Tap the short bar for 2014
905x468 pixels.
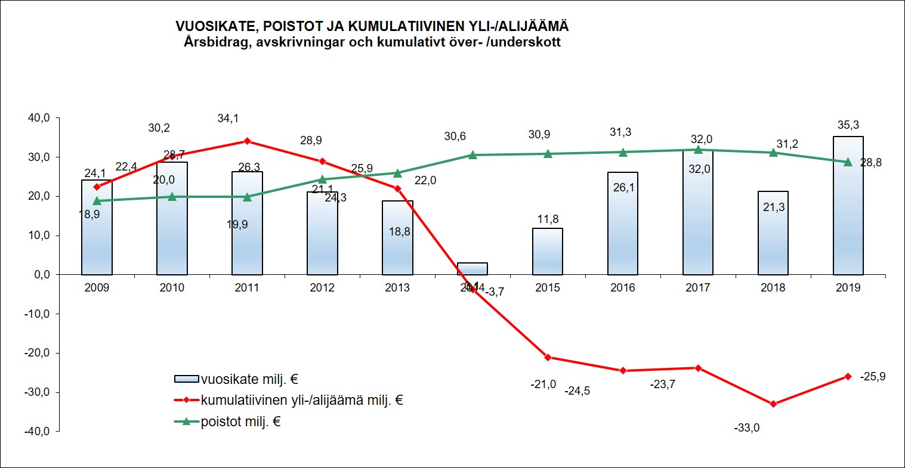pyautogui.click(x=472, y=268)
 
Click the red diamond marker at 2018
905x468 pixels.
pyautogui.click(x=773, y=404)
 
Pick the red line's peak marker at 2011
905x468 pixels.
pyautogui.click(x=247, y=141)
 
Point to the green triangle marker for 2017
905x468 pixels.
pyautogui.click(x=698, y=150)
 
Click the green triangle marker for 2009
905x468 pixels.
pyautogui.click(x=97, y=201)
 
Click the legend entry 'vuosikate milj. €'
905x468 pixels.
pyautogui.click(x=248, y=379)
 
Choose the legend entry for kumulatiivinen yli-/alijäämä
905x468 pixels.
pyautogui.click(x=302, y=400)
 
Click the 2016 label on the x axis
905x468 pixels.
pyautogui.click(x=622, y=288)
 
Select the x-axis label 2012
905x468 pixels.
pyautogui.click(x=322, y=288)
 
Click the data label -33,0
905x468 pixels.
pyautogui.click(x=747, y=427)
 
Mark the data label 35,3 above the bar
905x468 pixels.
pyautogui.click(x=848, y=125)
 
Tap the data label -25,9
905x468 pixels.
pyautogui.click(x=872, y=376)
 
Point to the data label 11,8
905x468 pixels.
pyautogui.click(x=547, y=218)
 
